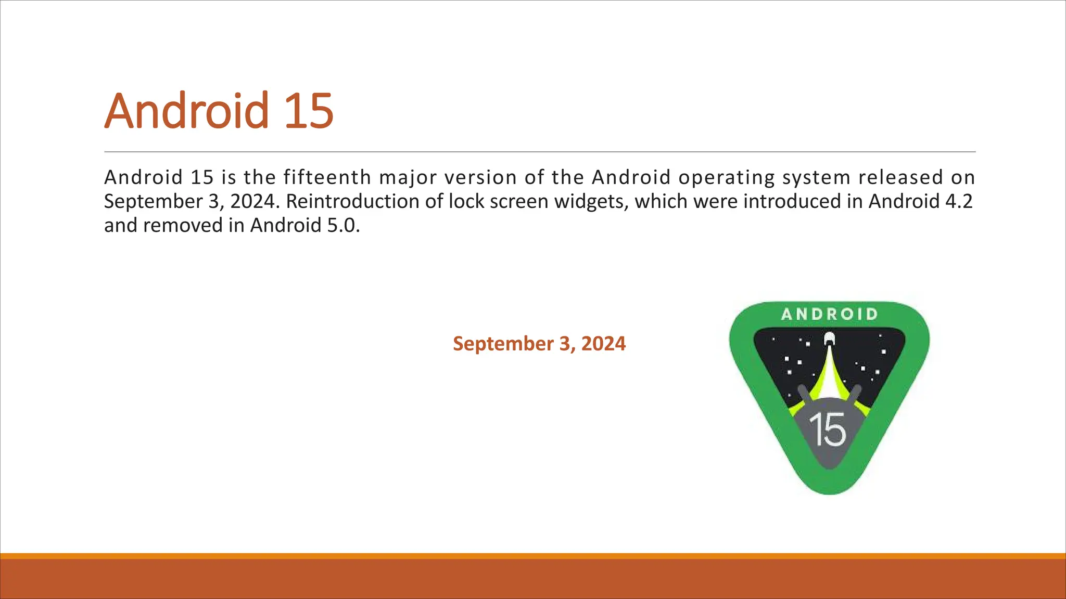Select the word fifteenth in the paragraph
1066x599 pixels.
pos(327,178)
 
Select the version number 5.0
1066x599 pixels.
pos(343,226)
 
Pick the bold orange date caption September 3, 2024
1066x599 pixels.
pos(539,344)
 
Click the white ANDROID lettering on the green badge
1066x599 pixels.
pos(830,314)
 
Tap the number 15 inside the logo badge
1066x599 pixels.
pos(828,430)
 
